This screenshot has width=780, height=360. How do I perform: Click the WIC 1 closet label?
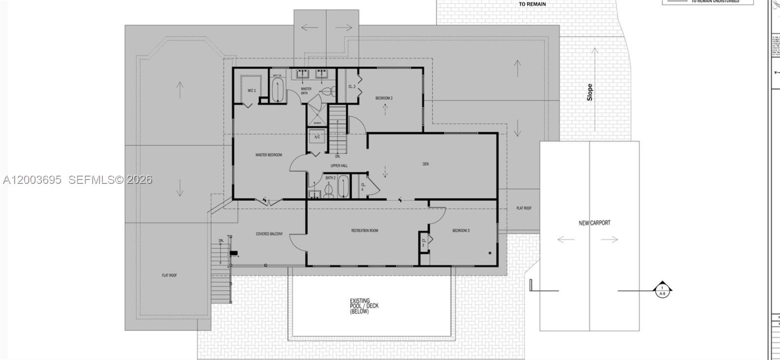[252, 91]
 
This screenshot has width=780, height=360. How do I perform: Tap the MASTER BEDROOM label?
[269, 155]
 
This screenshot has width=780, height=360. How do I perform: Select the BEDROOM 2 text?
[384, 99]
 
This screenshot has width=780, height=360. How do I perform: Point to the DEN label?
[426, 164]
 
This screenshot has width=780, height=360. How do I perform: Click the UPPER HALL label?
[339, 166]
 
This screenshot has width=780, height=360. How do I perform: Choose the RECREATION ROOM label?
[365, 230]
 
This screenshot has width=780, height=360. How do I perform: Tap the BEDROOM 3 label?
[461, 230]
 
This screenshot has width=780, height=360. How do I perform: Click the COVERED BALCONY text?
[269, 234]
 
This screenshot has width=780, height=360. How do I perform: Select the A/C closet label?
[317, 137]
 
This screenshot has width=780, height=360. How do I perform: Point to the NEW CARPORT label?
[594, 223]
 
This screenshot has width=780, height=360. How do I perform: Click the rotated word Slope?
[590, 92]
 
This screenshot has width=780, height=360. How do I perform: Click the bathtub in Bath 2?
[343, 186]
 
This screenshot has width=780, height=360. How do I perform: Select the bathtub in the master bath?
[277, 90]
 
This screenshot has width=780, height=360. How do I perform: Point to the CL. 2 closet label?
[352, 86]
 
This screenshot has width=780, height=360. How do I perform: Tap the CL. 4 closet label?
[363, 187]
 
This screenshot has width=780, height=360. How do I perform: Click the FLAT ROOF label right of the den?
[524, 208]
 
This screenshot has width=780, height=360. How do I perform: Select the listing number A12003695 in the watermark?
[32, 180]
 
